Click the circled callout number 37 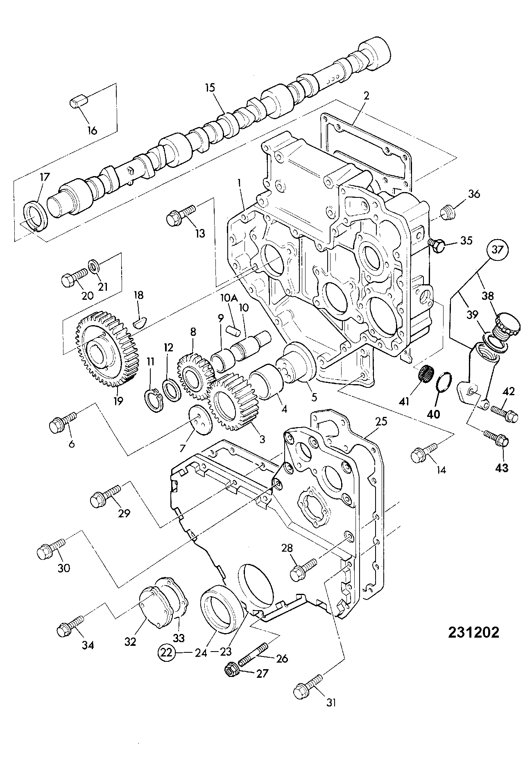coord(496,249)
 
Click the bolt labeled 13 coord(181,215)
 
